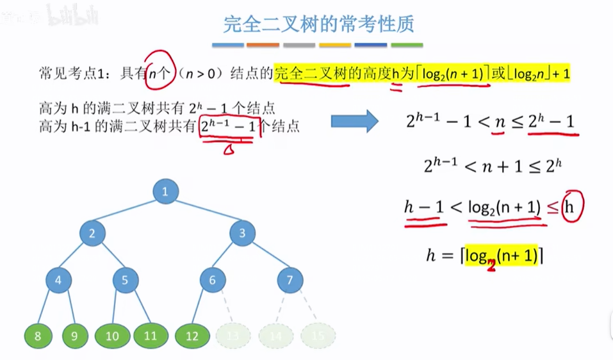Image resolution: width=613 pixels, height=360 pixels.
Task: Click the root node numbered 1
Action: [165, 192]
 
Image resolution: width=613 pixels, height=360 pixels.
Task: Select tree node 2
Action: [92, 234]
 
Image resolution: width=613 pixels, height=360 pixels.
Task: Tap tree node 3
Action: [242, 234]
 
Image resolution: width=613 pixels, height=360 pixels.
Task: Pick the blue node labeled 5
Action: [126, 280]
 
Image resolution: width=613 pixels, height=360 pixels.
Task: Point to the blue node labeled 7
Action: [290, 280]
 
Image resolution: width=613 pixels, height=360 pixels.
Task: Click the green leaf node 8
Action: [37, 334]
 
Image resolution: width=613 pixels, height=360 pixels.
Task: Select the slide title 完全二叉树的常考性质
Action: [318, 25]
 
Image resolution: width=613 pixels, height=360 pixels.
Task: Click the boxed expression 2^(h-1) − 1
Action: [228, 126]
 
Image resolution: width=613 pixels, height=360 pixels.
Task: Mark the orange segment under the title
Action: [263, 45]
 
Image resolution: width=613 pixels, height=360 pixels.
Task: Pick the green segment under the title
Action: [407, 45]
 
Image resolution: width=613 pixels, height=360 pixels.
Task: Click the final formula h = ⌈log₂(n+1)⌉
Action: [485, 256]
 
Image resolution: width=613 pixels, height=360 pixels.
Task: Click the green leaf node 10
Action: [112, 334]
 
